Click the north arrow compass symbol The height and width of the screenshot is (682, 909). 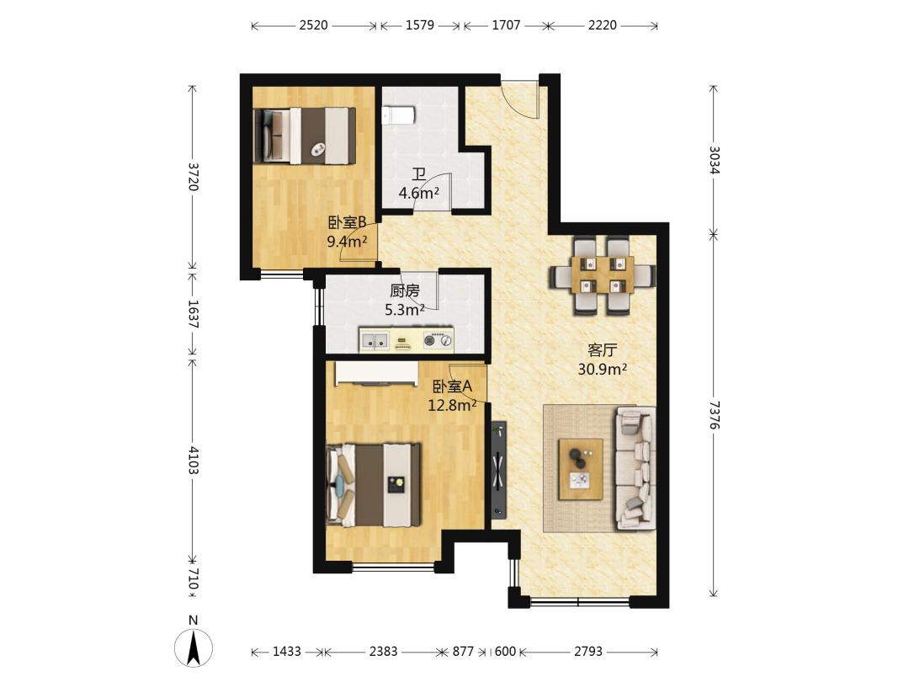194,646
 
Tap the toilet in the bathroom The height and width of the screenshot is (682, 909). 398,115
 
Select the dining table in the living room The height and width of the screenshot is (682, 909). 603,274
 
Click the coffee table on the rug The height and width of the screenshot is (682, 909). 580,469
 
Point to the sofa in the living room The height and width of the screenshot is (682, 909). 635,468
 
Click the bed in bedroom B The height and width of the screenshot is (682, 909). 305,136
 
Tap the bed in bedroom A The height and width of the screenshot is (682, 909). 374,485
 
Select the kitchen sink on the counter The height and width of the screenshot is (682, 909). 374,340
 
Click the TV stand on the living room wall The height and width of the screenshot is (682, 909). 498,469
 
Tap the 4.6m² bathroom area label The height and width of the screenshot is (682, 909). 418,193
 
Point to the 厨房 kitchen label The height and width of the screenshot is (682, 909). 405,290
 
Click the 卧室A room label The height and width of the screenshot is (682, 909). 453,386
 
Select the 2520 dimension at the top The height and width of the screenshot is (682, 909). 314,25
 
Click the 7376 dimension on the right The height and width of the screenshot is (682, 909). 714,415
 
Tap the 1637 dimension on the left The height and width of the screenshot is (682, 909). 194,314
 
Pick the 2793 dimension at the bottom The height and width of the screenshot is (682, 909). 588,651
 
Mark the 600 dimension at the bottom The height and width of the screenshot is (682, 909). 505,651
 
